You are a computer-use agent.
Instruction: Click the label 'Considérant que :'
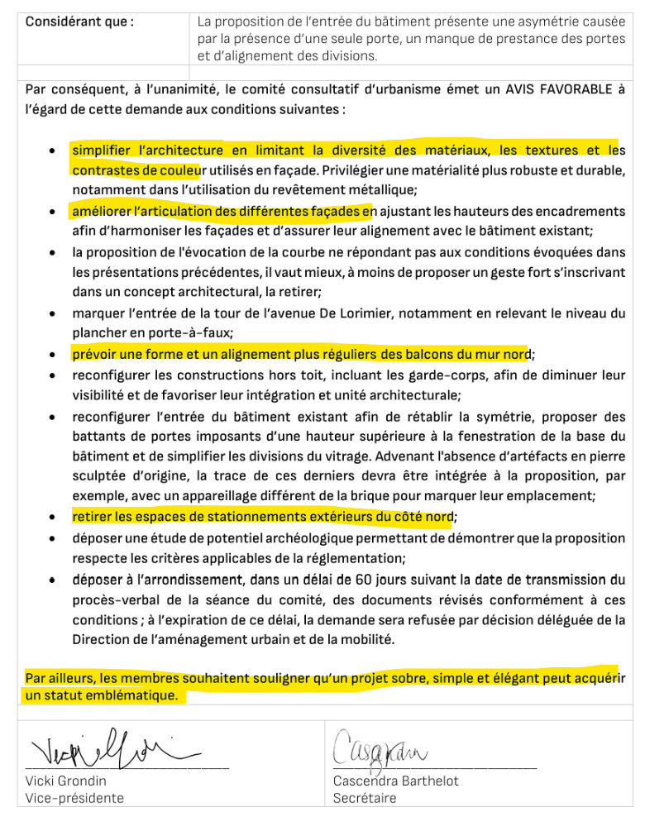(x=79, y=21)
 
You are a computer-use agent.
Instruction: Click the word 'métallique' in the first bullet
(x=380, y=189)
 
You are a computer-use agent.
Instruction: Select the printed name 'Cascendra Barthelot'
(x=395, y=781)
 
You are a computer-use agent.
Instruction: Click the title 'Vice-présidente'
(x=74, y=798)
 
